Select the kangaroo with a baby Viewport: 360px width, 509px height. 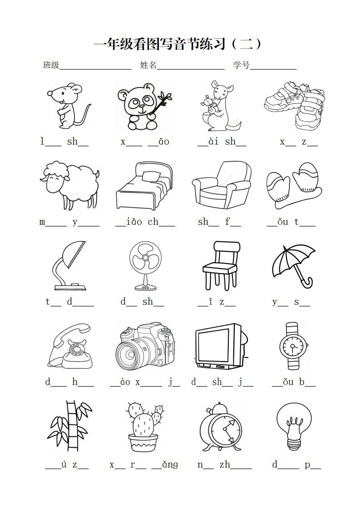tap(220, 106)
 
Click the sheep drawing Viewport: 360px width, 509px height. tap(69, 185)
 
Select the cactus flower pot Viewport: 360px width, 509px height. tap(143, 442)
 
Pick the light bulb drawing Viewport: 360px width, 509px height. tap(294, 426)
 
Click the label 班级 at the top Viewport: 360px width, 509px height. tap(51, 65)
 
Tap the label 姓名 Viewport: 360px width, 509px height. tap(148, 65)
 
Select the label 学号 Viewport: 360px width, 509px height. tap(242, 65)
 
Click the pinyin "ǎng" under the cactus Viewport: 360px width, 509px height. tap(170, 465)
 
